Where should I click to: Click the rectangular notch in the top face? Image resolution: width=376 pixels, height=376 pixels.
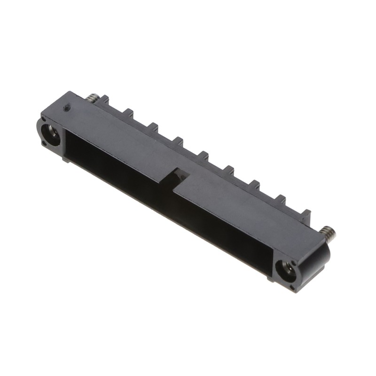(x=178, y=174)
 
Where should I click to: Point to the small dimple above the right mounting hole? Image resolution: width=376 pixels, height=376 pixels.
(x=280, y=259)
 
